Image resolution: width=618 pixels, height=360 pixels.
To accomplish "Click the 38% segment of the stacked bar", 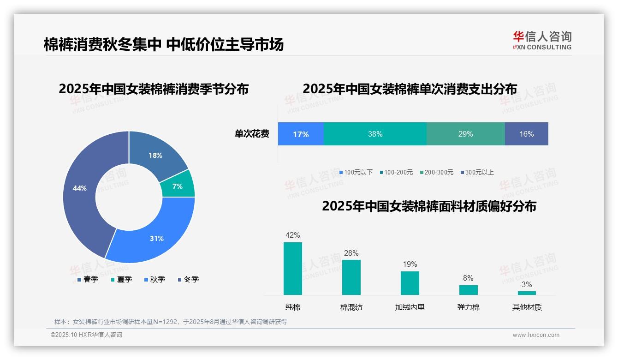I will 375,134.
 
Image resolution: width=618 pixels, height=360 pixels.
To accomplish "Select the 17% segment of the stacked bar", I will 301,134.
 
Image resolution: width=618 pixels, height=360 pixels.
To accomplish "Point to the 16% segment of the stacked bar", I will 526,134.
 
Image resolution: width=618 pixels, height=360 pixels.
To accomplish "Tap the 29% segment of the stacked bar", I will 465,134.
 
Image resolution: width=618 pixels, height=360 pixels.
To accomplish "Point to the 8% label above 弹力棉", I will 468,278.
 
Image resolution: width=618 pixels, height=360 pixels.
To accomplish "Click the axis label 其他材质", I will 527,307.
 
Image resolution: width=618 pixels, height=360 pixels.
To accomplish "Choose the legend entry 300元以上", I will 477,172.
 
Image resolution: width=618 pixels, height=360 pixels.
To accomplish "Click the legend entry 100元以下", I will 356,172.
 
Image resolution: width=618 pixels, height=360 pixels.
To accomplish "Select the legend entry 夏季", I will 122,279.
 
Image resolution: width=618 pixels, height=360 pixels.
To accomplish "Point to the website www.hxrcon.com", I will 536,335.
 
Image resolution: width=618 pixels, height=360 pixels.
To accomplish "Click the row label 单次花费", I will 252,134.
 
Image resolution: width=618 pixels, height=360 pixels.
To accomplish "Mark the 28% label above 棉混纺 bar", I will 351,253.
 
